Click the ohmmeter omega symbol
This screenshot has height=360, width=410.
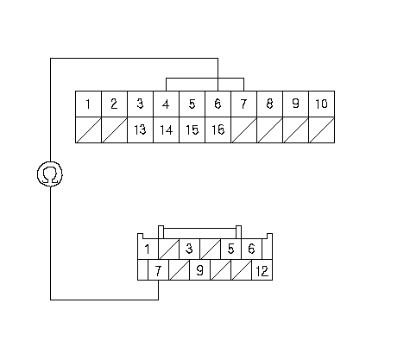tap(50, 174)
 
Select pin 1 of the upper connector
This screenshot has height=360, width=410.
tap(88, 104)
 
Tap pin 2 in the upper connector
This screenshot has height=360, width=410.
tap(114, 104)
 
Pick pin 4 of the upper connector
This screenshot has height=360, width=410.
tap(166, 104)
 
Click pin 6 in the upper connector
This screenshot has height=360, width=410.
tap(218, 104)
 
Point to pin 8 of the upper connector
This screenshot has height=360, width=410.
tap(269, 104)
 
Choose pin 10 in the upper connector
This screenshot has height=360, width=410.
tap(321, 104)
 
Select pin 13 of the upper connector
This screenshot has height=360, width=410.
tap(140, 129)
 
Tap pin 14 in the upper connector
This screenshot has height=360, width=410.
tap(166, 129)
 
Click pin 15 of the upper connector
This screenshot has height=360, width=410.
tap(192, 129)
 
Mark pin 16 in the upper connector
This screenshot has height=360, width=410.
tap(218, 129)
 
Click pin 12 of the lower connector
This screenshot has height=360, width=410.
tap(262, 269)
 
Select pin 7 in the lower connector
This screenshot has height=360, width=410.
tap(158, 269)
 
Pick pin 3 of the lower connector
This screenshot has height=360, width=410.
tap(189, 249)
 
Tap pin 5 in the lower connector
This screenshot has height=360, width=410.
tap(230, 249)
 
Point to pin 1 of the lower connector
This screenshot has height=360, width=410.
tap(148, 249)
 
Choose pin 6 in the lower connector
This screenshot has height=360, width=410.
tap(251, 249)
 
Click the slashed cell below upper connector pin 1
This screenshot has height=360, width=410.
tap(88, 129)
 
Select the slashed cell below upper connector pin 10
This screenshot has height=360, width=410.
tap(321, 129)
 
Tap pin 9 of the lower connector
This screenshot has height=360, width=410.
tap(199, 269)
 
